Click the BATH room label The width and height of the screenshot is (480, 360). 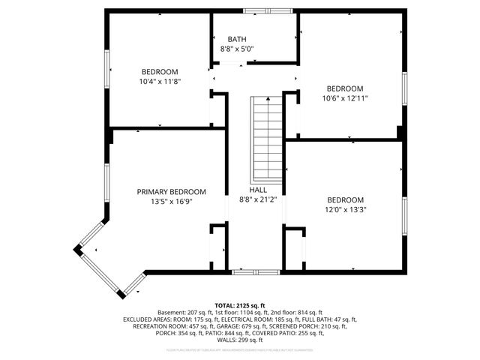237,39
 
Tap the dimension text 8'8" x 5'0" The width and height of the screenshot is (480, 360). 237,49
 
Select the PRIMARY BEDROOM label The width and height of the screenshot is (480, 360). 171,192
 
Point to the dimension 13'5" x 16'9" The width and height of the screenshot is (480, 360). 171,202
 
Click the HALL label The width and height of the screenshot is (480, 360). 258,190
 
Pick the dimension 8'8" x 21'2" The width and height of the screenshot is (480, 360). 258,200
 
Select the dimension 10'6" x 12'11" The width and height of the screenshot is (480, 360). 345,97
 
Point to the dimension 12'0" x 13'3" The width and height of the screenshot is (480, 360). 345,210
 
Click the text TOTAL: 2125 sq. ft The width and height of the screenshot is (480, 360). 240,306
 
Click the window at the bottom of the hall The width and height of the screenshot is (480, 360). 245,271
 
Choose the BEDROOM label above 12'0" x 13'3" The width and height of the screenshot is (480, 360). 345,200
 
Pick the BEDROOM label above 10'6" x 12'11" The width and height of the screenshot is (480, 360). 345,88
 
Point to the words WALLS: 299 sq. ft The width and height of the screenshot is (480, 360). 240,340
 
